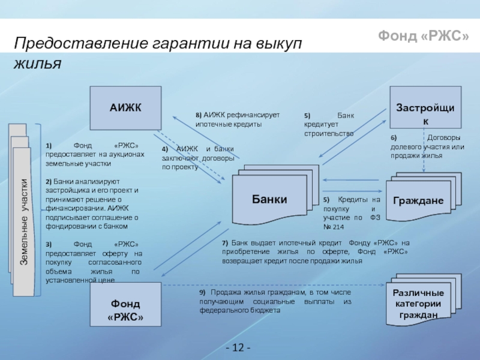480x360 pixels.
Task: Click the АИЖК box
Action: (x=125, y=108)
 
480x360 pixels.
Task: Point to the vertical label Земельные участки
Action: (x=23, y=223)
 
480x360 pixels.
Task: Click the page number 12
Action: (x=239, y=349)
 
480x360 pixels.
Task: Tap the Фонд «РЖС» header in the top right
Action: (x=424, y=37)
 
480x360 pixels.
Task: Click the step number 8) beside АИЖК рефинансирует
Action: (x=199, y=115)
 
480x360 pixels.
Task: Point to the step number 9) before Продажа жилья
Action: (x=203, y=292)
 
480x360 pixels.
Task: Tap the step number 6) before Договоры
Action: (x=394, y=137)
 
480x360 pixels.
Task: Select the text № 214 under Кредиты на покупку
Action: (x=334, y=227)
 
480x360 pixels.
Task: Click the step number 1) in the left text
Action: (x=49, y=145)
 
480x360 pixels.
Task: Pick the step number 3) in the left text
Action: (x=49, y=244)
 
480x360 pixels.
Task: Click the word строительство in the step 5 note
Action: (x=328, y=134)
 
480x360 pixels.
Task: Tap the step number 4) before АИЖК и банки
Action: (x=164, y=149)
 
